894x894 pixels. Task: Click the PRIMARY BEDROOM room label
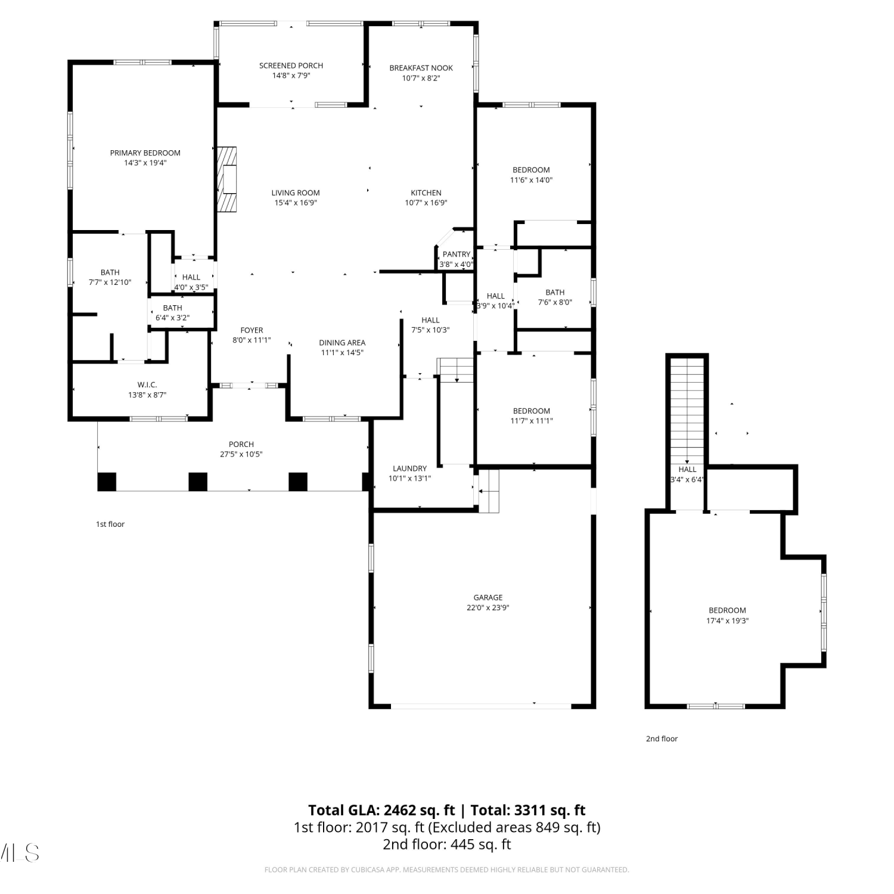point(145,153)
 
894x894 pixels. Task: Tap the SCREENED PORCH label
point(291,66)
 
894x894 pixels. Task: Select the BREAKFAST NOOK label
point(421,68)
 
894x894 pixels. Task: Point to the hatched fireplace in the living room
point(226,179)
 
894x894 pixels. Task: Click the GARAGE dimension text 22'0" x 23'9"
point(488,608)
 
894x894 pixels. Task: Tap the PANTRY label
point(457,254)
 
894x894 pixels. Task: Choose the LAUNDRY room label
point(409,468)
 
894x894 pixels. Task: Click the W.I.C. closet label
point(147,385)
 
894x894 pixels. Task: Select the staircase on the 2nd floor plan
point(687,411)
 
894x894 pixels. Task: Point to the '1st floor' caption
point(110,524)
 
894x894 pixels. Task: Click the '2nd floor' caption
point(662,739)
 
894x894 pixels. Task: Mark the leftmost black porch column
point(107,482)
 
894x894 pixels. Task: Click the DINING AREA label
point(342,343)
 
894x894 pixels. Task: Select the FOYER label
point(252,330)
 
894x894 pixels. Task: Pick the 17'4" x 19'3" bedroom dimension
point(727,620)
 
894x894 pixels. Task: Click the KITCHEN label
point(426,193)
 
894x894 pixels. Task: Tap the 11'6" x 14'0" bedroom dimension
point(531,180)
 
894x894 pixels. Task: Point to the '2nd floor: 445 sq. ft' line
point(447,844)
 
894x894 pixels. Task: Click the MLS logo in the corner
point(20,853)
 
